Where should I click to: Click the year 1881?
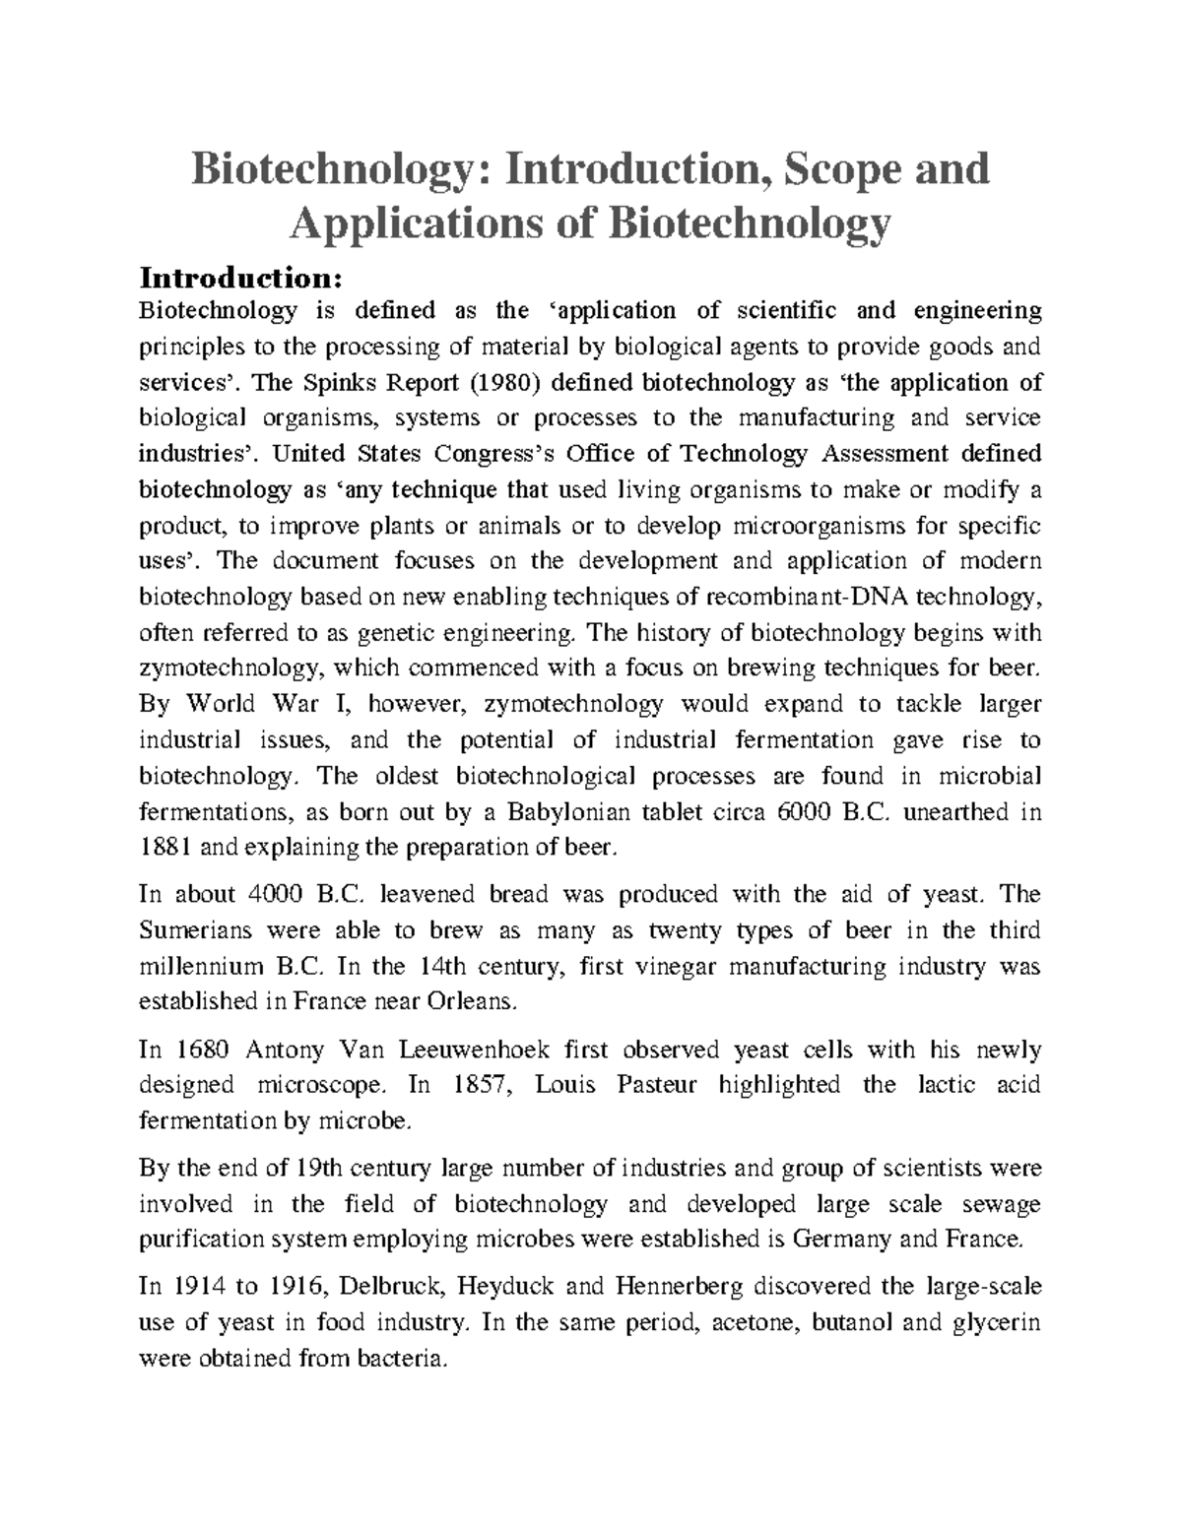click(x=166, y=848)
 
